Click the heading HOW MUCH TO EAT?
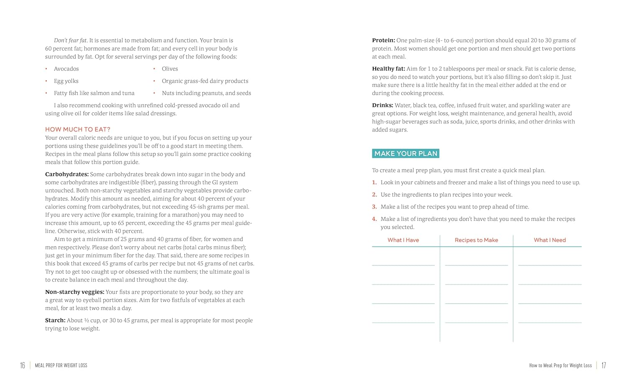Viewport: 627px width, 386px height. coord(78,129)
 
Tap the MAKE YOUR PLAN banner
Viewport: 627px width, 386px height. coord(405,154)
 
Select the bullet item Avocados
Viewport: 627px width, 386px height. coord(66,69)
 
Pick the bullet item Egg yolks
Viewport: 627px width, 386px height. coord(66,81)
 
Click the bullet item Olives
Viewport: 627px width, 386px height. coord(170,69)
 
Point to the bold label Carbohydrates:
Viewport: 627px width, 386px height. coord(67,174)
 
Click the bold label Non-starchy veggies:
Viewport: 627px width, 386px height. coord(75,292)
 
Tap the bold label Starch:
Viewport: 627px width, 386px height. coord(55,320)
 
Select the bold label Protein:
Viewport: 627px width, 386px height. coord(383,40)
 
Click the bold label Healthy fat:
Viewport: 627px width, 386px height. coord(388,69)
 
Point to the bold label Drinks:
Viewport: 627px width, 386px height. coord(382,106)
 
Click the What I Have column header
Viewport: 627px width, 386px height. coord(403,240)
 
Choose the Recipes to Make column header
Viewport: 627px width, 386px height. coord(476,240)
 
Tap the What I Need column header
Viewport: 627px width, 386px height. coord(549,240)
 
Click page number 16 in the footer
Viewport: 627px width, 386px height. coord(23,366)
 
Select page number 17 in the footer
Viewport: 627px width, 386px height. coord(604,366)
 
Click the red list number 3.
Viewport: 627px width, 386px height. coord(375,207)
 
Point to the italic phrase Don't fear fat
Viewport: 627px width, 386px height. coord(70,40)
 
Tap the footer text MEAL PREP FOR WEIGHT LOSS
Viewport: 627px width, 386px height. coord(61,366)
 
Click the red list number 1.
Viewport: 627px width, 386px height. coord(375,182)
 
